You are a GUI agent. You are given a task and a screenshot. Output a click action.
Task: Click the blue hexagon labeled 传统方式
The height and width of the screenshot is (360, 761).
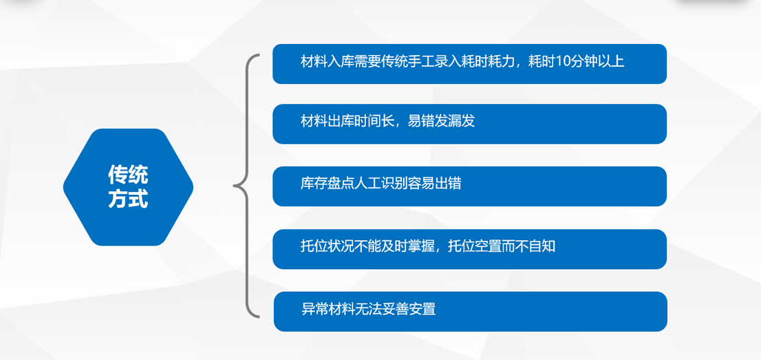tap(128, 187)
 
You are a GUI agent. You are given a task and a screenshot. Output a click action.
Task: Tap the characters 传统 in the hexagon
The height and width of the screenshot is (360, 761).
tap(128, 175)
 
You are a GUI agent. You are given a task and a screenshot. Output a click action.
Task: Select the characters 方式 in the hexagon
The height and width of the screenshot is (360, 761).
tap(128, 199)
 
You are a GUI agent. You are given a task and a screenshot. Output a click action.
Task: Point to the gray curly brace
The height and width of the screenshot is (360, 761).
tap(248, 186)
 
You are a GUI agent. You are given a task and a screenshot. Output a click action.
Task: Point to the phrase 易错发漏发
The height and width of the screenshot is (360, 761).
tap(441, 121)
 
